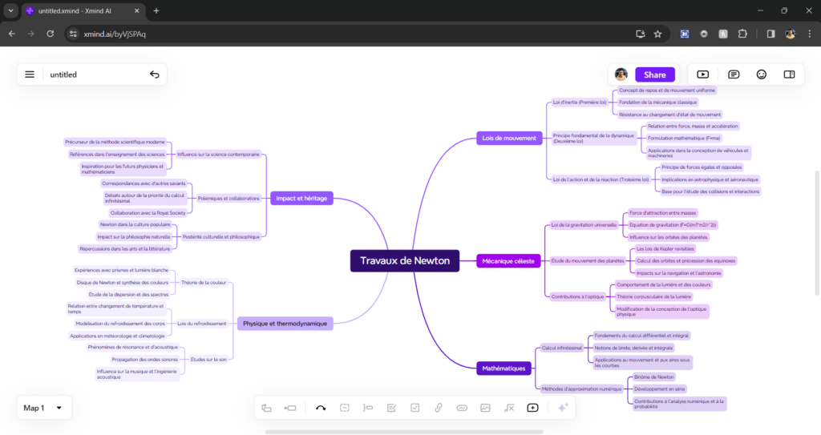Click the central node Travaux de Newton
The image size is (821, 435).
(405, 260)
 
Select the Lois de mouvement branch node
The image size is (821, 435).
(508, 138)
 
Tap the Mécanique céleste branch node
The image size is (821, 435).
(508, 260)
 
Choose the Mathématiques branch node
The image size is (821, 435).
(504, 369)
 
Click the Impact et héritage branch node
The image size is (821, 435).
(301, 198)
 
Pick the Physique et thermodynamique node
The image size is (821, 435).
(285, 324)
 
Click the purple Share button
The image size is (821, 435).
(654, 75)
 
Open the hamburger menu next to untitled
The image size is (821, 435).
(30, 75)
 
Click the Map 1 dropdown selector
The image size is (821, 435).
(43, 408)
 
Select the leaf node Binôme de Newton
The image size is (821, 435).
(654, 377)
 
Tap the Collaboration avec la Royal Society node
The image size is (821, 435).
(148, 213)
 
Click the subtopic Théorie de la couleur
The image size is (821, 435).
(204, 282)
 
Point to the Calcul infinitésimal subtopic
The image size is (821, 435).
(560, 348)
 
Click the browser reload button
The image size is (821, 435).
(50, 34)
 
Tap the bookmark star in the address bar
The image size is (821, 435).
(657, 34)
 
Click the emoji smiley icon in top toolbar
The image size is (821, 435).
(761, 75)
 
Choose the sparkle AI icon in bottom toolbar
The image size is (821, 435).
(563, 408)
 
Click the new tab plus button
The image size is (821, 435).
(156, 10)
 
